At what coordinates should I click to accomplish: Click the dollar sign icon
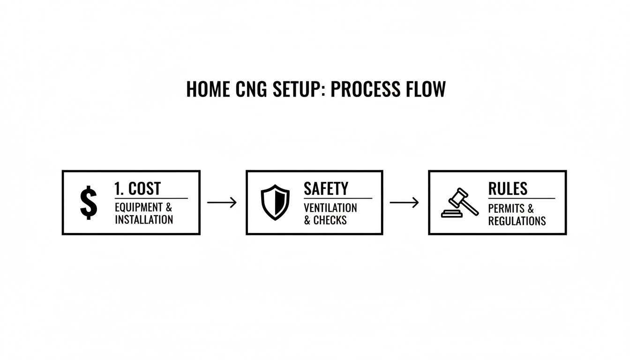click(89, 202)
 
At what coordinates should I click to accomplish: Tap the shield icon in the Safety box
click(275, 202)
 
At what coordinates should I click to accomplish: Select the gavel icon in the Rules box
click(460, 202)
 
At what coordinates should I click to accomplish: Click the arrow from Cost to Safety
click(222, 202)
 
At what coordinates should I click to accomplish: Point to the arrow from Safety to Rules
click(404, 202)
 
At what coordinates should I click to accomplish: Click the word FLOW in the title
click(427, 89)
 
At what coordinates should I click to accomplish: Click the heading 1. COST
click(137, 188)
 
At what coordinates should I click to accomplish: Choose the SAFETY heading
click(326, 188)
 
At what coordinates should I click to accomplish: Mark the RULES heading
click(508, 188)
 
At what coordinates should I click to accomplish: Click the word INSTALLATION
click(144, 219)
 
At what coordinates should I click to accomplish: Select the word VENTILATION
click(330, 208)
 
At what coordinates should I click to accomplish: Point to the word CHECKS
click(330, 220)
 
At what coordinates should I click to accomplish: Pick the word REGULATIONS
click(517, 221)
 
